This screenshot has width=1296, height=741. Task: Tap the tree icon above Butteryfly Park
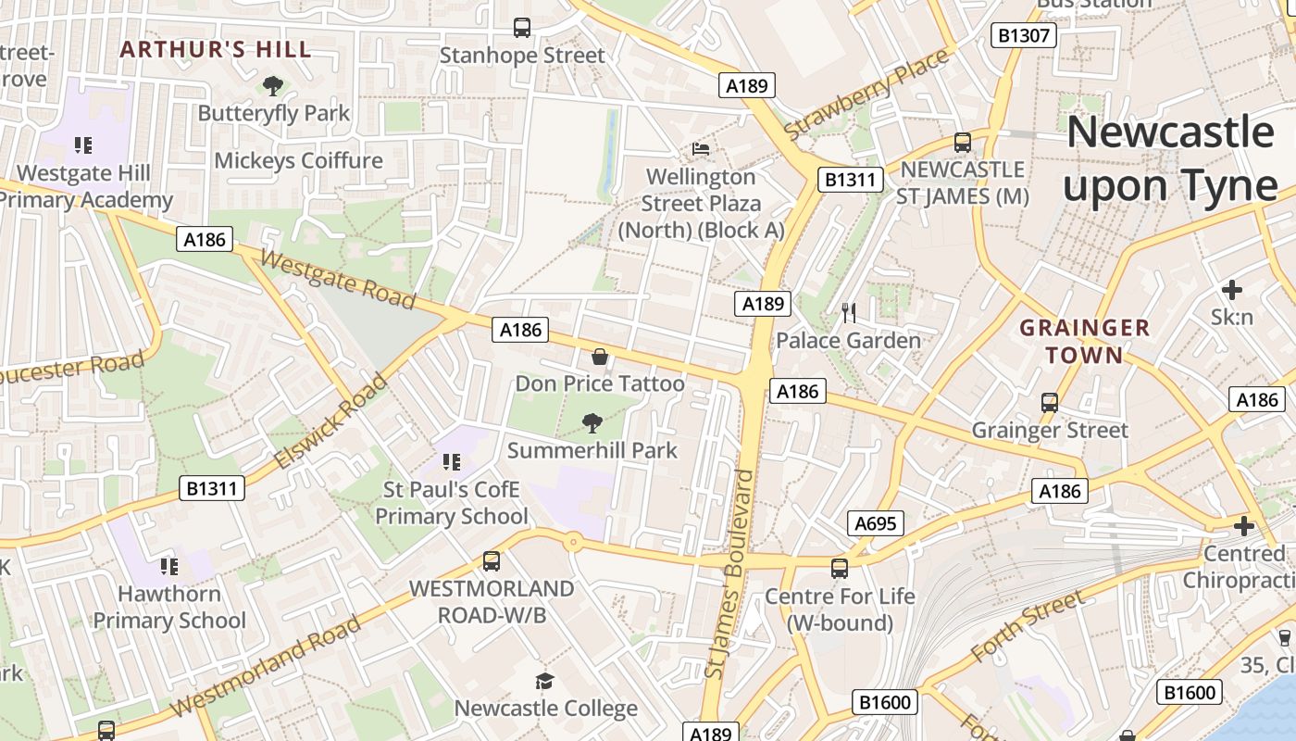tap(273, 86)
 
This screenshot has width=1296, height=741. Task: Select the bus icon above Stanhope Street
tap(522, 28)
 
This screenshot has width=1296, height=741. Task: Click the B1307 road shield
tap(1024, 35)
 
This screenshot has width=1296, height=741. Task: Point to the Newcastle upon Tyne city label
tap(1170, 158)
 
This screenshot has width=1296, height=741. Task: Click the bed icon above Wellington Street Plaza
tap(701, 148)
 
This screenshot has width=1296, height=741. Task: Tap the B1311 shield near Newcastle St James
tap(849, 179)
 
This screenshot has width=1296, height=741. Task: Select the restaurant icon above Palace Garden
tap(849, 312)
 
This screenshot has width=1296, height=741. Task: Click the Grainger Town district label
tap(1084, 341)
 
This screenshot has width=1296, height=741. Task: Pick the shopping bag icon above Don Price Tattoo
tap(600, 357)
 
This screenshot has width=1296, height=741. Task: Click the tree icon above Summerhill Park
tap(592, 423)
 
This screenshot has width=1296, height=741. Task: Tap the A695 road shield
tap(875, 523)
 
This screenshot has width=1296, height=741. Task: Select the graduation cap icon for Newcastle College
tap(545, 682)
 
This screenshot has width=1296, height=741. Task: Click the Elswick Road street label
tap(330, 421)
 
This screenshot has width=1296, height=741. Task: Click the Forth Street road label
tap(1027, 627)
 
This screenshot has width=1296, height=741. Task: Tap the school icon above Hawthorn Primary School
tap(168, 565)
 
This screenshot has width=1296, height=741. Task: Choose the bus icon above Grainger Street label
tap(1049, 403)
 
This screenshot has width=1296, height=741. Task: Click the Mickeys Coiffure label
tap(298, 160)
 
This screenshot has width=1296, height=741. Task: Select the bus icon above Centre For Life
tap(839, 568)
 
